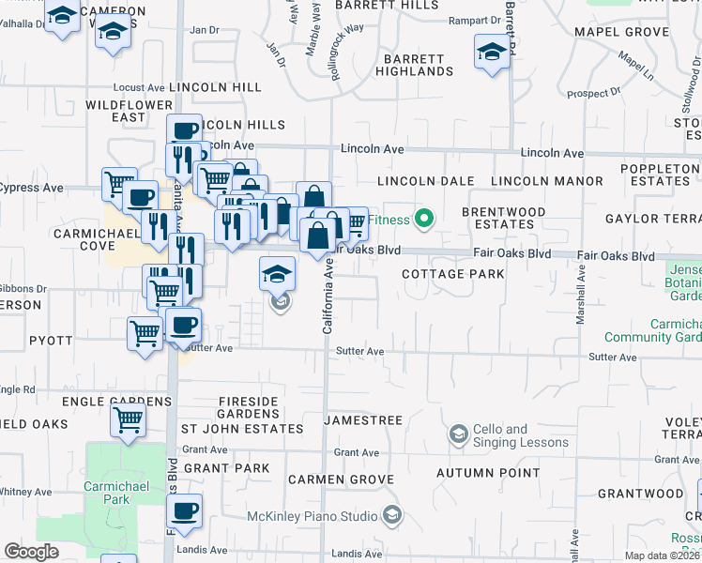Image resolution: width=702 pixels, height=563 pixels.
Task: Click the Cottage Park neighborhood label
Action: click(x=452, y=274)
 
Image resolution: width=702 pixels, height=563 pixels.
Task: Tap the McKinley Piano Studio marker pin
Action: click(x=391, y=516)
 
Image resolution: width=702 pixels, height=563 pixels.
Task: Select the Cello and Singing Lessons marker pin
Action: click(x=458, y=434)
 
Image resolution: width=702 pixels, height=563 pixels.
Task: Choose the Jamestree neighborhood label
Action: click(x=363, y=420)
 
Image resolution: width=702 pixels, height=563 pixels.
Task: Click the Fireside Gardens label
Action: click(x=249, y=407)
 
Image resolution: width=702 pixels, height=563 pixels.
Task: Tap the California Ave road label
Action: click(x=328, y=297)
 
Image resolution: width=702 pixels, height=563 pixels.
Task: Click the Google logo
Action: click(x=31, y=552)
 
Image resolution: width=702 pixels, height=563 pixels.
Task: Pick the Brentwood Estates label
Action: click(x=504, y=219)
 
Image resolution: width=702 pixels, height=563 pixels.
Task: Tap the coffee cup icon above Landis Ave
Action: click(x=185, y=511)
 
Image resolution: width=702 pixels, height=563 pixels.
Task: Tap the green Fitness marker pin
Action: click(x=424, y=221)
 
